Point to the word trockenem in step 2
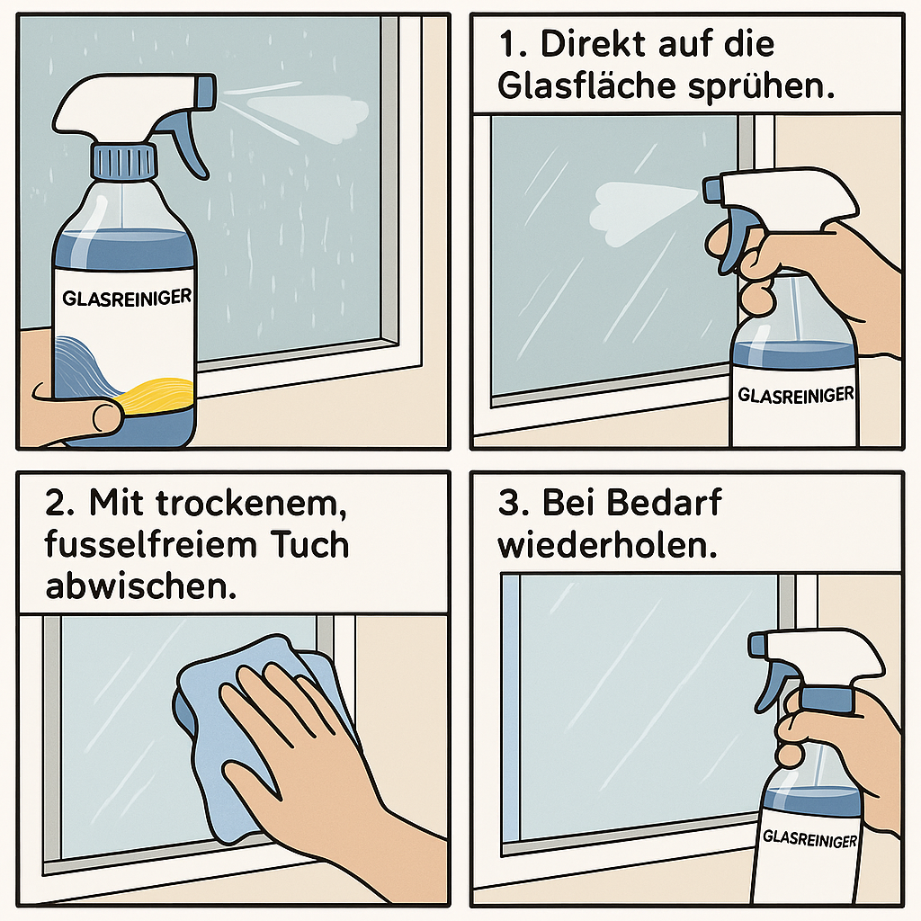tap(251, 504)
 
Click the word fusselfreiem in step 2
tap(150, 544)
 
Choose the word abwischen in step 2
tap(141, 586)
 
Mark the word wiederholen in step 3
tap(607, 545)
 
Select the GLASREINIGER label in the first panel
tap(127, 297)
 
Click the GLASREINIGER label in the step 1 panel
tap(796, 395)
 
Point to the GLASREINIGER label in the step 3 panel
tap(810, 838)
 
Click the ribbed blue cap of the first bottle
tap(123, 161)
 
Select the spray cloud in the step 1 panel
tap(640, 211)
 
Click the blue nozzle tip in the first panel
tap(206, 92)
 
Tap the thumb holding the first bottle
tap(88, 414)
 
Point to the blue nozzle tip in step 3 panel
tap(756, 644)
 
